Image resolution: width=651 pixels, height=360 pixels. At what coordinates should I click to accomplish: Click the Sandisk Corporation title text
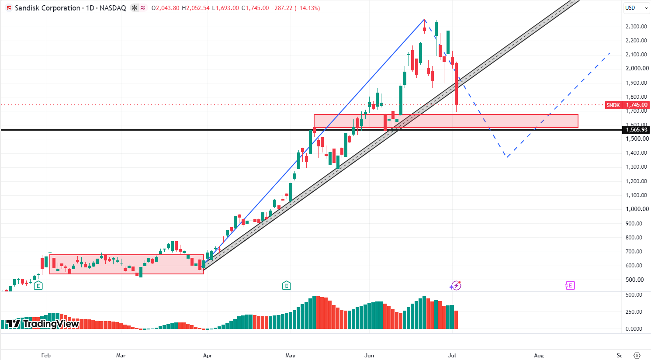click(x=47, y=8)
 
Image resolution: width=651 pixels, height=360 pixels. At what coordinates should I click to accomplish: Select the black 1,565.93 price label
click(x=637, y=130)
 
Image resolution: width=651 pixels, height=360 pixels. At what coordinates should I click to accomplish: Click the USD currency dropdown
click(x=636, y=8)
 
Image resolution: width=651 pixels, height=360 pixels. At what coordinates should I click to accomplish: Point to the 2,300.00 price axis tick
click(x=636, y=27)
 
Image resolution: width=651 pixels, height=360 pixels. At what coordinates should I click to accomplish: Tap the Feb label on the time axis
click(x=46, y=355)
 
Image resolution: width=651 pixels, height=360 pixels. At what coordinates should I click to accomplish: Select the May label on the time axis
click(x=291, y=355)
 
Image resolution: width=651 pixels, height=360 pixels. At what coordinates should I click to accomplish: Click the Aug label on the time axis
click(x=539, y=355)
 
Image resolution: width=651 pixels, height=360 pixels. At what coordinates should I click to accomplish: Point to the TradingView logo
click(x=42, y=324)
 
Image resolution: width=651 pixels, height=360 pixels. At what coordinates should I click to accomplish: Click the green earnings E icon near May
click(x=287, y=286)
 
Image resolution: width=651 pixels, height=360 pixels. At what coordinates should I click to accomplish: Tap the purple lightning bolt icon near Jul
click(x=455, y=286)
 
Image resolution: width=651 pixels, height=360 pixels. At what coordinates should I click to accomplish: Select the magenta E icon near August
click(x=570, y=286)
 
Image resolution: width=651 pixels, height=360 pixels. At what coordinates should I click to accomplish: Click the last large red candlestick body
click(x=457, y=84)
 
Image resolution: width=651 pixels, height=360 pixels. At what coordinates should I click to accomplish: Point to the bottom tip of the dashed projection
click(x=507, y=157)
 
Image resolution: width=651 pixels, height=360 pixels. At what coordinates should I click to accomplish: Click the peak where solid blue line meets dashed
click(x=425, y=19)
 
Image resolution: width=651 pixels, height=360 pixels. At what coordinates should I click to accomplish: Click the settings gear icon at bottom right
click(x=637, y=355)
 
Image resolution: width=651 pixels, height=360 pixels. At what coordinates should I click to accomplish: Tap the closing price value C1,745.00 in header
click(x=255, y=8)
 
